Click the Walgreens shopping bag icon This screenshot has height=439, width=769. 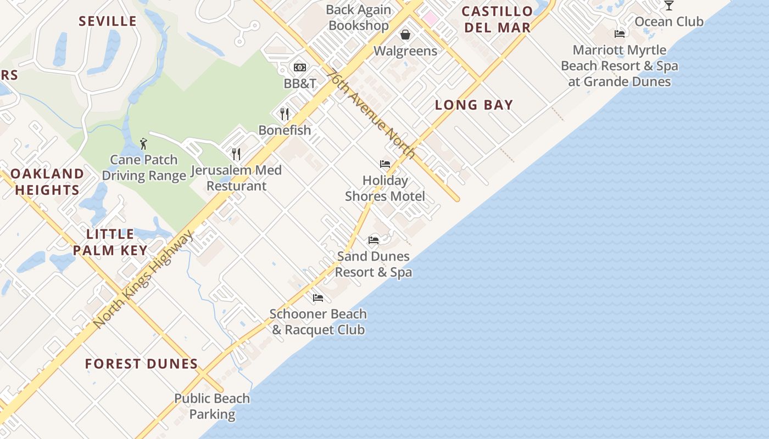(x=405, y=35)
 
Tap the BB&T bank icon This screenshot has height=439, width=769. (x=300, y=67)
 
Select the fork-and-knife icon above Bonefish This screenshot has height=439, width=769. (x=285, y=114)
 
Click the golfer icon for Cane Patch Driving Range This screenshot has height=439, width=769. (x=143, y=144)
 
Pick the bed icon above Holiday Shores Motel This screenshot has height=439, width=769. (x=385, y=164)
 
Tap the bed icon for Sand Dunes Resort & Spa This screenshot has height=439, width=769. (x=374, y=240)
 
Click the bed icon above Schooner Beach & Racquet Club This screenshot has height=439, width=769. (x=318, y=298)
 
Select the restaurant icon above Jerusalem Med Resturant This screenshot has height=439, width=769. (x=236, y=154)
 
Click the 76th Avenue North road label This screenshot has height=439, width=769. (x=371, y=114)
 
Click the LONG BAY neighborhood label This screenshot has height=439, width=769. (x=474, y=105)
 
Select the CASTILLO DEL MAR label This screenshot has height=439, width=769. (x=497, y=19)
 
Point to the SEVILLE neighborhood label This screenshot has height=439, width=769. (x=108, y=21)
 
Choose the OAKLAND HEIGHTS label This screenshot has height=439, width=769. (x=47, y=182)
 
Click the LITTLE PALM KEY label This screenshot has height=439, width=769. (x=110, y=242)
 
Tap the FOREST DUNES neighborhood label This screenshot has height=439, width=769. (x=142, y=364)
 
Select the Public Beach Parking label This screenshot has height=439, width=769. (x=212, y=406)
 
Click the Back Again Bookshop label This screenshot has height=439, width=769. (x=359, y=18)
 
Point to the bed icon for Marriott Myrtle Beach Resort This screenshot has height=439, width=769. (x=620, y=34)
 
